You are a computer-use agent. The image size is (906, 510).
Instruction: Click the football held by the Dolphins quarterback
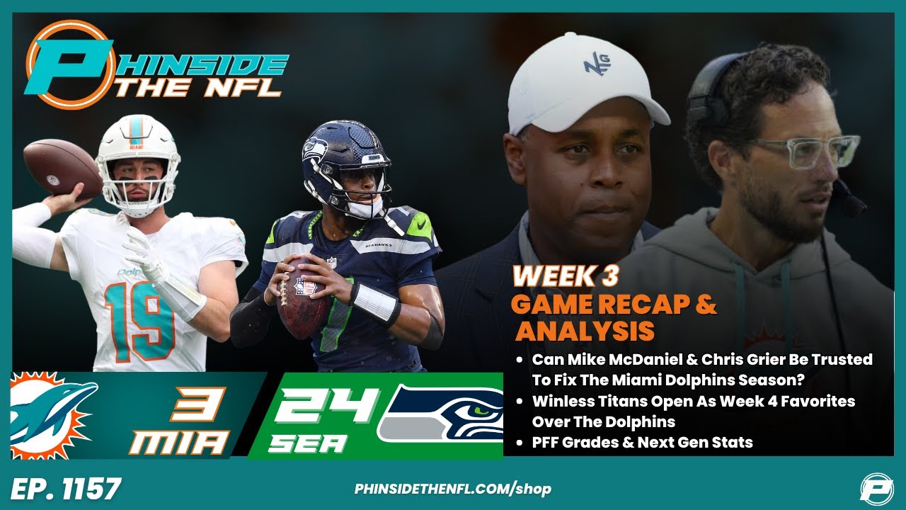pyautogui.click(x=62, y=167)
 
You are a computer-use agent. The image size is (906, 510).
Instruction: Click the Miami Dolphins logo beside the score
pyautogui.click(x=53, y=415)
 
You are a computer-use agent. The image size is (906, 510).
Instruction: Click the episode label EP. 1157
pyautogui.click(x=66, y=489)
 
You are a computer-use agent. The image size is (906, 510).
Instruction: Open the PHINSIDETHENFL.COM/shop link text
pyautogui.click(x=452, y=489)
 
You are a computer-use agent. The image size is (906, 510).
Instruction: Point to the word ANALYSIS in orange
pyautogui.click(x=585, y=331)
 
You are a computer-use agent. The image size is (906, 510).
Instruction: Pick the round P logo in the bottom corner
pyautogui.click(x=876, y=488)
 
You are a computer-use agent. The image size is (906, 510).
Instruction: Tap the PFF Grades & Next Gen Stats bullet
pyautogui.click(x=642, y=443)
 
